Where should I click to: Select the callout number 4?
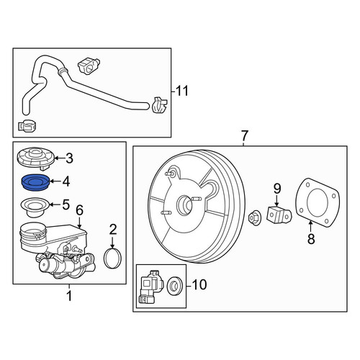[x=66, y=181]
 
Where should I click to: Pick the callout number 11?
[x=182, y=91]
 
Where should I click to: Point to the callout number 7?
[x=244, y=136]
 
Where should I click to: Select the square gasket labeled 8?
[x=318, y=203]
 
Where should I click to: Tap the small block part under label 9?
[x=279, y=215]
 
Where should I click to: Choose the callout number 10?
[x=199, y=284]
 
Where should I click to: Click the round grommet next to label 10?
[x=175, y=286]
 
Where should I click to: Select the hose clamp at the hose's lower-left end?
[x=27, y=126]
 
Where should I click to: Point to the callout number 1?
[x=69, y=296]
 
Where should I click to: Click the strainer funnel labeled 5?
[x=35, y=207]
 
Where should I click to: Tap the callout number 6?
[x=79, y=210]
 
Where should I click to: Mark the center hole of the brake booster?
[x=185, y=204]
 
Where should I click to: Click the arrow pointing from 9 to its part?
[x=276, y=200]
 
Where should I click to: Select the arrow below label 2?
[x=112, y=243]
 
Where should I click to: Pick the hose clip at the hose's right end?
[x=159, y=105]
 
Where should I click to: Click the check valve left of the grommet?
[x=150, y=287]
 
